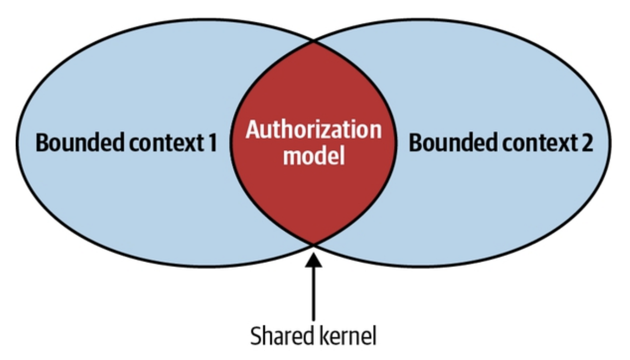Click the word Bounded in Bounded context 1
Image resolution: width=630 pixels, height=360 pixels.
click(80, 143)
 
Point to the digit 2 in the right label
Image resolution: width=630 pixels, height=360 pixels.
click(587, 143)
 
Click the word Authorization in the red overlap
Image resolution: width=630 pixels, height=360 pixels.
click(314, 129)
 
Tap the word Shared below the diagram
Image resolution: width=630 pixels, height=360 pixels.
click(282, 336)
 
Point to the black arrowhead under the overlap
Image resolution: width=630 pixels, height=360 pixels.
click(314, 260)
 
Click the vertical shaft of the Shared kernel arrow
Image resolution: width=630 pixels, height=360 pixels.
click(314, 294)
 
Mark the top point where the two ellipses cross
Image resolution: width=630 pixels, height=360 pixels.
click(313, 42)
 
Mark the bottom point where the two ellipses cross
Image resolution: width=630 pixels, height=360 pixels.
click(313, 245)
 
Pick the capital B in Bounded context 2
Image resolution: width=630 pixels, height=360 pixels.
click(416, 143)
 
